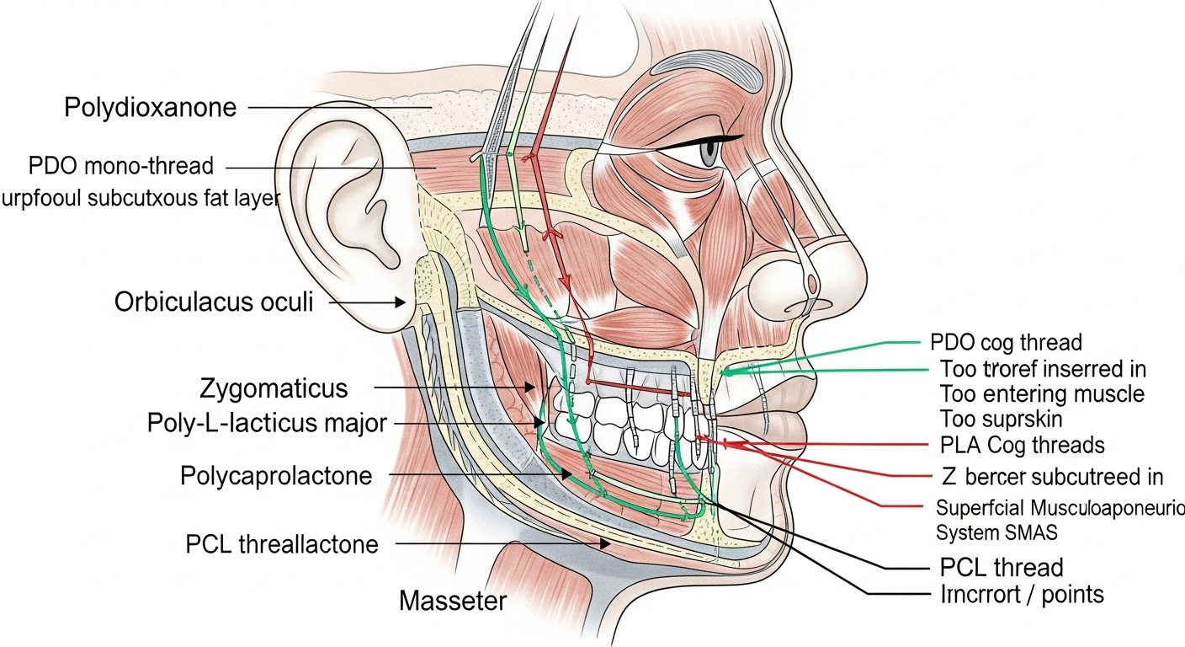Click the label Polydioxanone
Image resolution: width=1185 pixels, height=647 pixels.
point(150,108)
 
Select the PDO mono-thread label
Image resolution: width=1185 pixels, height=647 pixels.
point(121,165)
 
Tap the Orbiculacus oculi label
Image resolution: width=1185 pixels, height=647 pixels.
point(214,302)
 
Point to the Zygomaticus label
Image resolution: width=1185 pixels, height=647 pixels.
point(274,388)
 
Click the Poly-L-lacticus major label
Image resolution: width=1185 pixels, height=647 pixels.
point(267,422)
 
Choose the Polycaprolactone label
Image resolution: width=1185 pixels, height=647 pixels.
point(276,476)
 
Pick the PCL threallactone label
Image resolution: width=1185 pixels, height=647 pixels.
point(282,544)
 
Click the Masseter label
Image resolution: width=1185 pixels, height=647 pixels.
point(453,601)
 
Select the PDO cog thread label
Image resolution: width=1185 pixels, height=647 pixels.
point(1007,343)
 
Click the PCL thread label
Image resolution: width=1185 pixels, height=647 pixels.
point(1001,567)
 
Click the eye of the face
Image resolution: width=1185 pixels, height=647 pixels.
point(709,152)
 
